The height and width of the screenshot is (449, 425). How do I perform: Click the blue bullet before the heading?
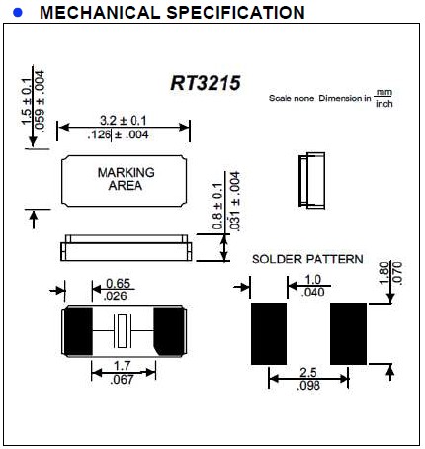[x=16, y=13]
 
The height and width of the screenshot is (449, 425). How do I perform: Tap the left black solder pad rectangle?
[x=269, y=332]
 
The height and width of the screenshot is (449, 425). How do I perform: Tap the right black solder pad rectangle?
[x=349, y=332]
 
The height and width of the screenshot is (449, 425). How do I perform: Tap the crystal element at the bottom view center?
[x=124, y=328]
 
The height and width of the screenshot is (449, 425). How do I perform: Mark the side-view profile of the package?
[x=125, y=248]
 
